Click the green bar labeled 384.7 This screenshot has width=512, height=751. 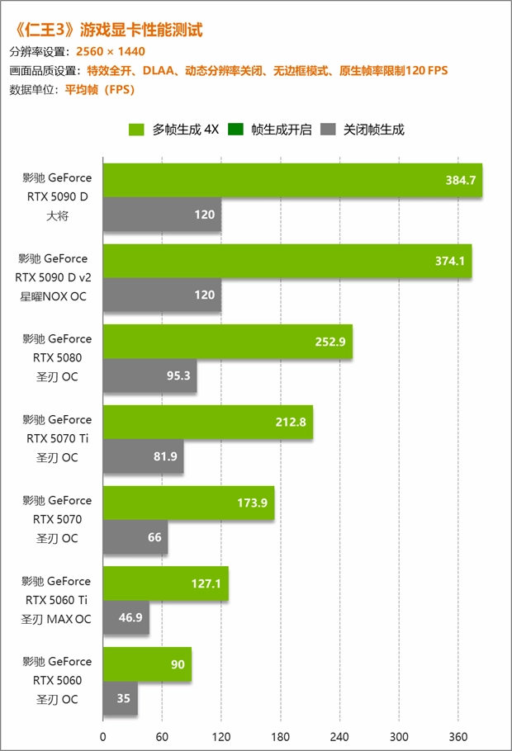292,180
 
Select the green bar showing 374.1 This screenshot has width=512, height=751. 287,261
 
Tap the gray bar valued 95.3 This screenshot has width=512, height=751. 149,375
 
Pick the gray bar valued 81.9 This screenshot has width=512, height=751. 143,456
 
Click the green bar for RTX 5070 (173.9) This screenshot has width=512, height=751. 188,503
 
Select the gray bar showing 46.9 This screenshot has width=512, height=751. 126,617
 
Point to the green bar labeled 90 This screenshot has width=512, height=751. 147,664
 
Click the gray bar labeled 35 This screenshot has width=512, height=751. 120,698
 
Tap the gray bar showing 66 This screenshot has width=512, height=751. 135,537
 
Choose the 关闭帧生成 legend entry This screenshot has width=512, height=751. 363,130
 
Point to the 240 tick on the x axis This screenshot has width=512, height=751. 340,736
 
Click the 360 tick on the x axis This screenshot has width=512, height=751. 458,736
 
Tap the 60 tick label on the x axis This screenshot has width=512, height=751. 162,736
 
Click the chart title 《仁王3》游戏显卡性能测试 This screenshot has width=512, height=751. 107,30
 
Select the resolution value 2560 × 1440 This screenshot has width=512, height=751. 111,51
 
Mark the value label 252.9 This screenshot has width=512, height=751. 330,342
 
